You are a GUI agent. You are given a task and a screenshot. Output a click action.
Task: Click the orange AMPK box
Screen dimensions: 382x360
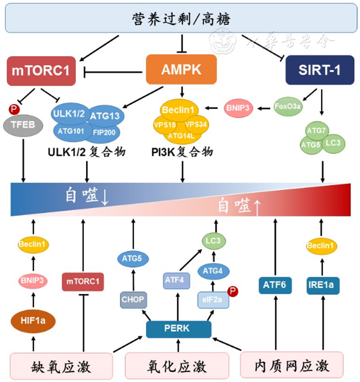pos(181,69)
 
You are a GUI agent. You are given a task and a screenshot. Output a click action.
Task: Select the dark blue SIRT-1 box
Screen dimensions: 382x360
pos(320,70)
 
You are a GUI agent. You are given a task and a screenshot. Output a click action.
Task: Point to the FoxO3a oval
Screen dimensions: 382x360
pos(287,107)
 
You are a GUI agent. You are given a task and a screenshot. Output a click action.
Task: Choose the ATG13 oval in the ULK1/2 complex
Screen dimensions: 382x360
pos(105,116)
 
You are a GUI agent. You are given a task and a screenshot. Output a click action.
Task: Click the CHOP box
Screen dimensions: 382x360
pos(133,300)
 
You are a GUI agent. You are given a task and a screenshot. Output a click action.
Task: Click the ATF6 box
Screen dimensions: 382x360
pos(275,285)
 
